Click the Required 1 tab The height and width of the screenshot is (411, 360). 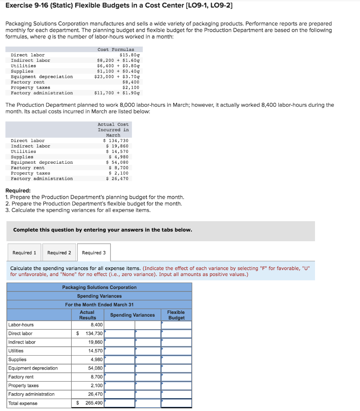click(24, 252)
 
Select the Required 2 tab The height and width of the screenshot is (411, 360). click(59, 252)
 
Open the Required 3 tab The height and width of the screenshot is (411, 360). click(94, 252)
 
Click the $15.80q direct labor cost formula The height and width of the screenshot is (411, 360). click(129, 55)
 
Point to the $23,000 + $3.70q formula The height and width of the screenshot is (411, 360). click(117, 77)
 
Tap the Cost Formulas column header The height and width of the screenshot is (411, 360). click(116, 49)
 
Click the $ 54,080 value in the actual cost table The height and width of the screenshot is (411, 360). click(117, 163)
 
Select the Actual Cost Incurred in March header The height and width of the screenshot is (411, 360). click(113, 130)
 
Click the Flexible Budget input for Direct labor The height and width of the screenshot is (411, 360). click(176, 334)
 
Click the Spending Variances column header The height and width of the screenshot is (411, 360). click(132, 315)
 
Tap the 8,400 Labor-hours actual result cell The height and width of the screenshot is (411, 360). click(96, 325)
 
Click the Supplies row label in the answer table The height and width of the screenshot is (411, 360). click(17, 360)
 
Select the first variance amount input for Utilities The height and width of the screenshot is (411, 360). click(119, 351)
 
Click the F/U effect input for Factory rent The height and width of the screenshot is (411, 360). click(147, 377)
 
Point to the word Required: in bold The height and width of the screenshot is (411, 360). click(18, 191)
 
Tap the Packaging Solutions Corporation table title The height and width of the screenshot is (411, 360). click(99, 287)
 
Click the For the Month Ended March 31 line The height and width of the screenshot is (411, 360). click(99, 305)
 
